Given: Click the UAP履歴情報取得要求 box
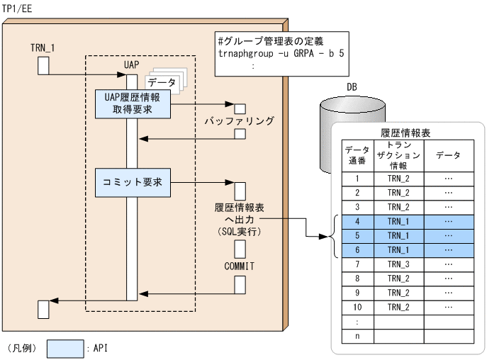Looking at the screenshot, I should [131, 105].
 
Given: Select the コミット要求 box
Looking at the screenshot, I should [131, 182].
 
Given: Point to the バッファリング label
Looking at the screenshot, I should [240, 121].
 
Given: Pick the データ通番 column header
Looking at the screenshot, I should [357, 154].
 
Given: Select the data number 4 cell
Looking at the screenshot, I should [357, 221].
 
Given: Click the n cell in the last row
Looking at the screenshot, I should [357, 336].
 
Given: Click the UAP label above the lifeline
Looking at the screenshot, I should [130, 64].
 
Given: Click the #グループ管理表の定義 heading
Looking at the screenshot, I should [273, 39].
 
